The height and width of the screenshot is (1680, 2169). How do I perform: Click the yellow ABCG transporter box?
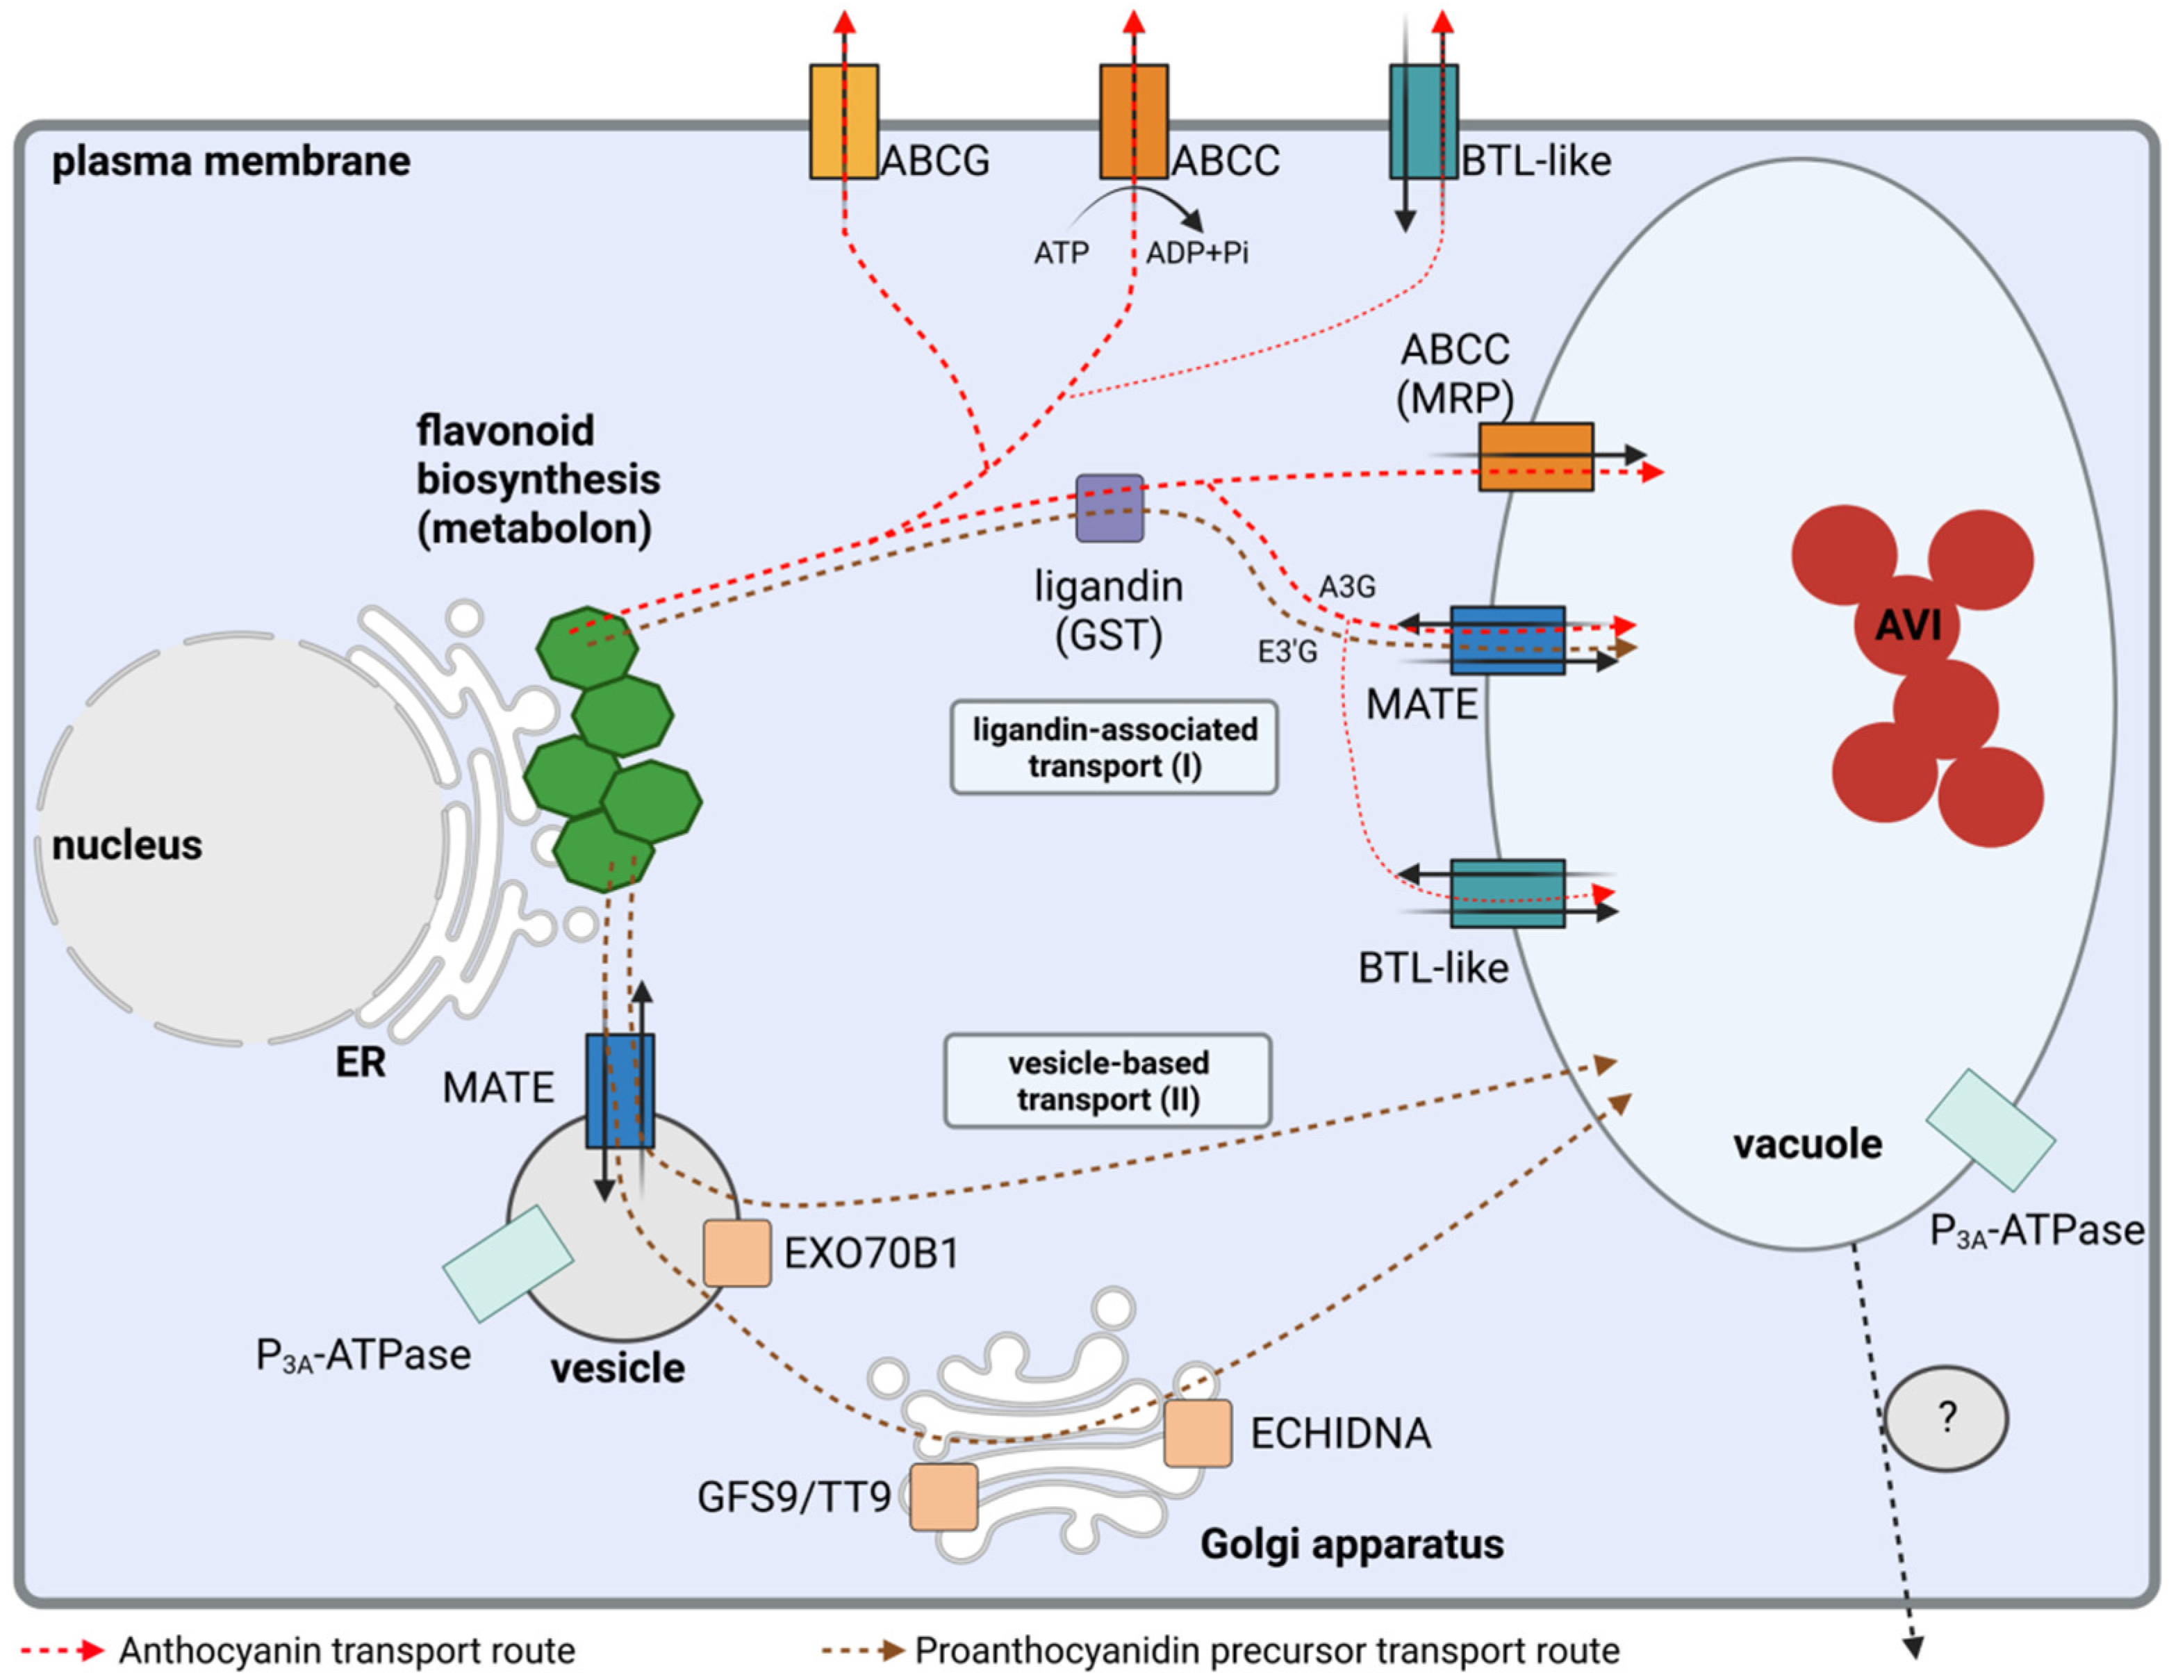tap(843, 121)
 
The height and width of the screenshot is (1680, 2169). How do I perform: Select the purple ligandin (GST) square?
tap(1110, 507)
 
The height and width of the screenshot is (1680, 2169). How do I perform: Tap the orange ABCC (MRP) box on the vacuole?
tap(1535, 456)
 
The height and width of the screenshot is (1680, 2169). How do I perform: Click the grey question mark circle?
tap(1945, 1418)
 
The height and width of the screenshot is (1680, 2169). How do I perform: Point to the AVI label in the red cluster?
tap(1908, 625)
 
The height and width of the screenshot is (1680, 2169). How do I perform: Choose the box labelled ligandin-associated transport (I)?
tap(1113, 748)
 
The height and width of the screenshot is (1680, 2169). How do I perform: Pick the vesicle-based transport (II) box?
tap(1107, 1081)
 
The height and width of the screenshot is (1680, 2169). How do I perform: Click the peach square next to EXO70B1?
tap(737, 1253)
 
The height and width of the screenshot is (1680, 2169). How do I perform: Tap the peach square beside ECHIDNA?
tap(1198, 1433)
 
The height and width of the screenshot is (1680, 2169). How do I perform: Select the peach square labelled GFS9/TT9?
tap(943, 1497)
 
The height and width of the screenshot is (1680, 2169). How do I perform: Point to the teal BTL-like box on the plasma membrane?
tap(1423, 121)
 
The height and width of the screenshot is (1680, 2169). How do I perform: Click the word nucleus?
tap(127, 845)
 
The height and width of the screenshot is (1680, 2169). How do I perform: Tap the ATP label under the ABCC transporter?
tap(1061, 253)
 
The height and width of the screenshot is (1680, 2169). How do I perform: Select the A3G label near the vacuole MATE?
tap(1346, 587)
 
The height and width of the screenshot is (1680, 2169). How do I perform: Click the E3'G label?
tap(1287, 651)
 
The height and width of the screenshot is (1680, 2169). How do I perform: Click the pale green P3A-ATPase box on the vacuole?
tap(1990, 1130)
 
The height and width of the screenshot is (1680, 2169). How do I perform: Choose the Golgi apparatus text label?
tap(1352, 1544)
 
